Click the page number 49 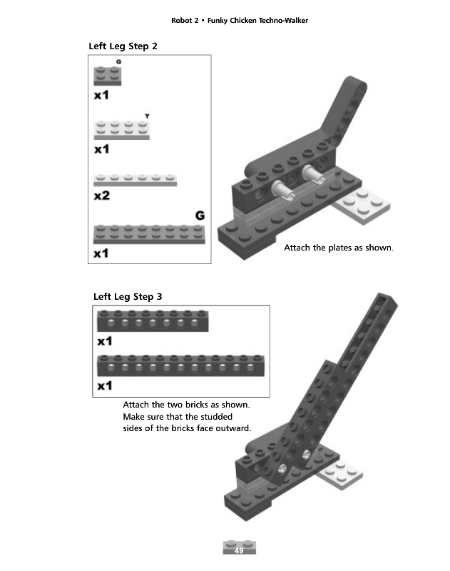239,551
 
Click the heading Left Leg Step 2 123,46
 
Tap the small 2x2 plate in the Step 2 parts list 108,75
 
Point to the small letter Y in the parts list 147,116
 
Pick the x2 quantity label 102,196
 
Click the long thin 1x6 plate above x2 135,179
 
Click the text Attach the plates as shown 339,248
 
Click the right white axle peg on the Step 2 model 312,173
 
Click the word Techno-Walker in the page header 277,20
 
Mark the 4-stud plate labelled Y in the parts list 122,129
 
